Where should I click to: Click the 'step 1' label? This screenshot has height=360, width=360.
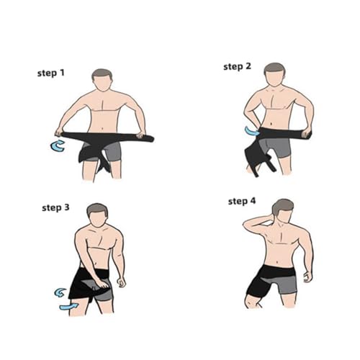51,73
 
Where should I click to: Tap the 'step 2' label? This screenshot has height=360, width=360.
237,66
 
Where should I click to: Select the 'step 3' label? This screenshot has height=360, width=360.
55,207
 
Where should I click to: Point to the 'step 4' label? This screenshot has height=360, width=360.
242,201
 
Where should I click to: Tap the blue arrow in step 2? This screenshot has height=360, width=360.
251,131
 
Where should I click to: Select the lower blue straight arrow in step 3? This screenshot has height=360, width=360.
68,307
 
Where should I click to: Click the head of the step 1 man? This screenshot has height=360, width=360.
102,80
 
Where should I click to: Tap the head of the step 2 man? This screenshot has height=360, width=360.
275,74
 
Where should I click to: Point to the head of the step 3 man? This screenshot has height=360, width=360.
97,215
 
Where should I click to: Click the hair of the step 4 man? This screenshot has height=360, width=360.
283,207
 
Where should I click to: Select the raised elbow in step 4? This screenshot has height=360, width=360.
246,225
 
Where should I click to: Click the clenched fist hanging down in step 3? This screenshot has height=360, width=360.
121,282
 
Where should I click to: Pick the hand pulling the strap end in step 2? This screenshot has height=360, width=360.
307,133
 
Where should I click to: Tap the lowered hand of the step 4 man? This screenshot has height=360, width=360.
307,277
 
